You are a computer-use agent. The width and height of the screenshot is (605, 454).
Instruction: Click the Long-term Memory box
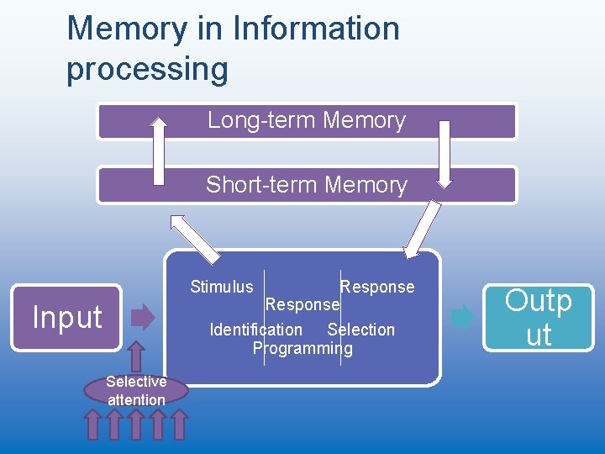[x=307, y=120]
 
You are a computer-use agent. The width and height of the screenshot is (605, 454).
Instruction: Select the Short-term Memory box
[x=307, y=185]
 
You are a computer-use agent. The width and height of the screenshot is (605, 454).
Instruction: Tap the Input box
[x=67, y=317]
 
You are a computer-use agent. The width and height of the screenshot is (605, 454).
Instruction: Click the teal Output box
[x=539, y=317]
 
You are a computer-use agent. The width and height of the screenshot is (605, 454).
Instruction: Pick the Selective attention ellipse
[x=136, y=390]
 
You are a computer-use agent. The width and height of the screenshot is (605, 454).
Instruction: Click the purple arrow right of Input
[x=145, y=318]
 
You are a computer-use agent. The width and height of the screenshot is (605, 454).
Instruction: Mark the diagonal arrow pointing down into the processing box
[x=423, y=229]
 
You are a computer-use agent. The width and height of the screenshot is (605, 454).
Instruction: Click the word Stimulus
[x=222, y=287]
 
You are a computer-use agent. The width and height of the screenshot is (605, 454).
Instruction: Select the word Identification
[x=256, y=330]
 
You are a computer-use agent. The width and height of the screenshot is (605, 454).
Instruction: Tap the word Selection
[x=360, y=330]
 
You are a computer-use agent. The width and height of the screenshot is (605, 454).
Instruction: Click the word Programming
[x=302, y=348]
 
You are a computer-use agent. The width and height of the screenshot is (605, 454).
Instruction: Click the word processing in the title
[x=147, y=69]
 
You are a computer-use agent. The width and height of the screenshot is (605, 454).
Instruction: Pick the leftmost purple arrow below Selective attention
[x=94, y=425]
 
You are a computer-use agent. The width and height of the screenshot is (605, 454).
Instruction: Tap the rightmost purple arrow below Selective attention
[x=178, y=425]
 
